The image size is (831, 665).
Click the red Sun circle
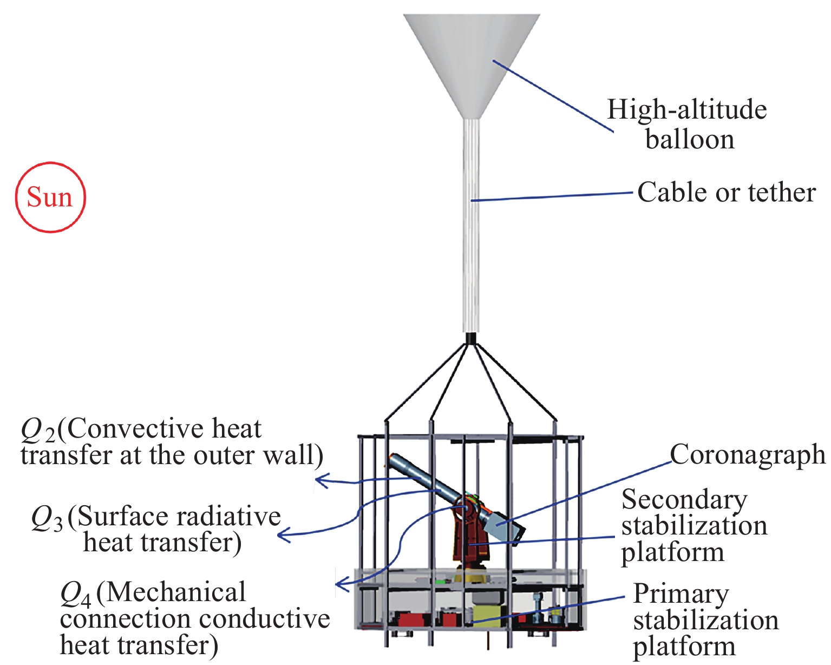point(50,197)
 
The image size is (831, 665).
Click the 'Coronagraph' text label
point(748,455)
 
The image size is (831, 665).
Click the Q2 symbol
point(38,431)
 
